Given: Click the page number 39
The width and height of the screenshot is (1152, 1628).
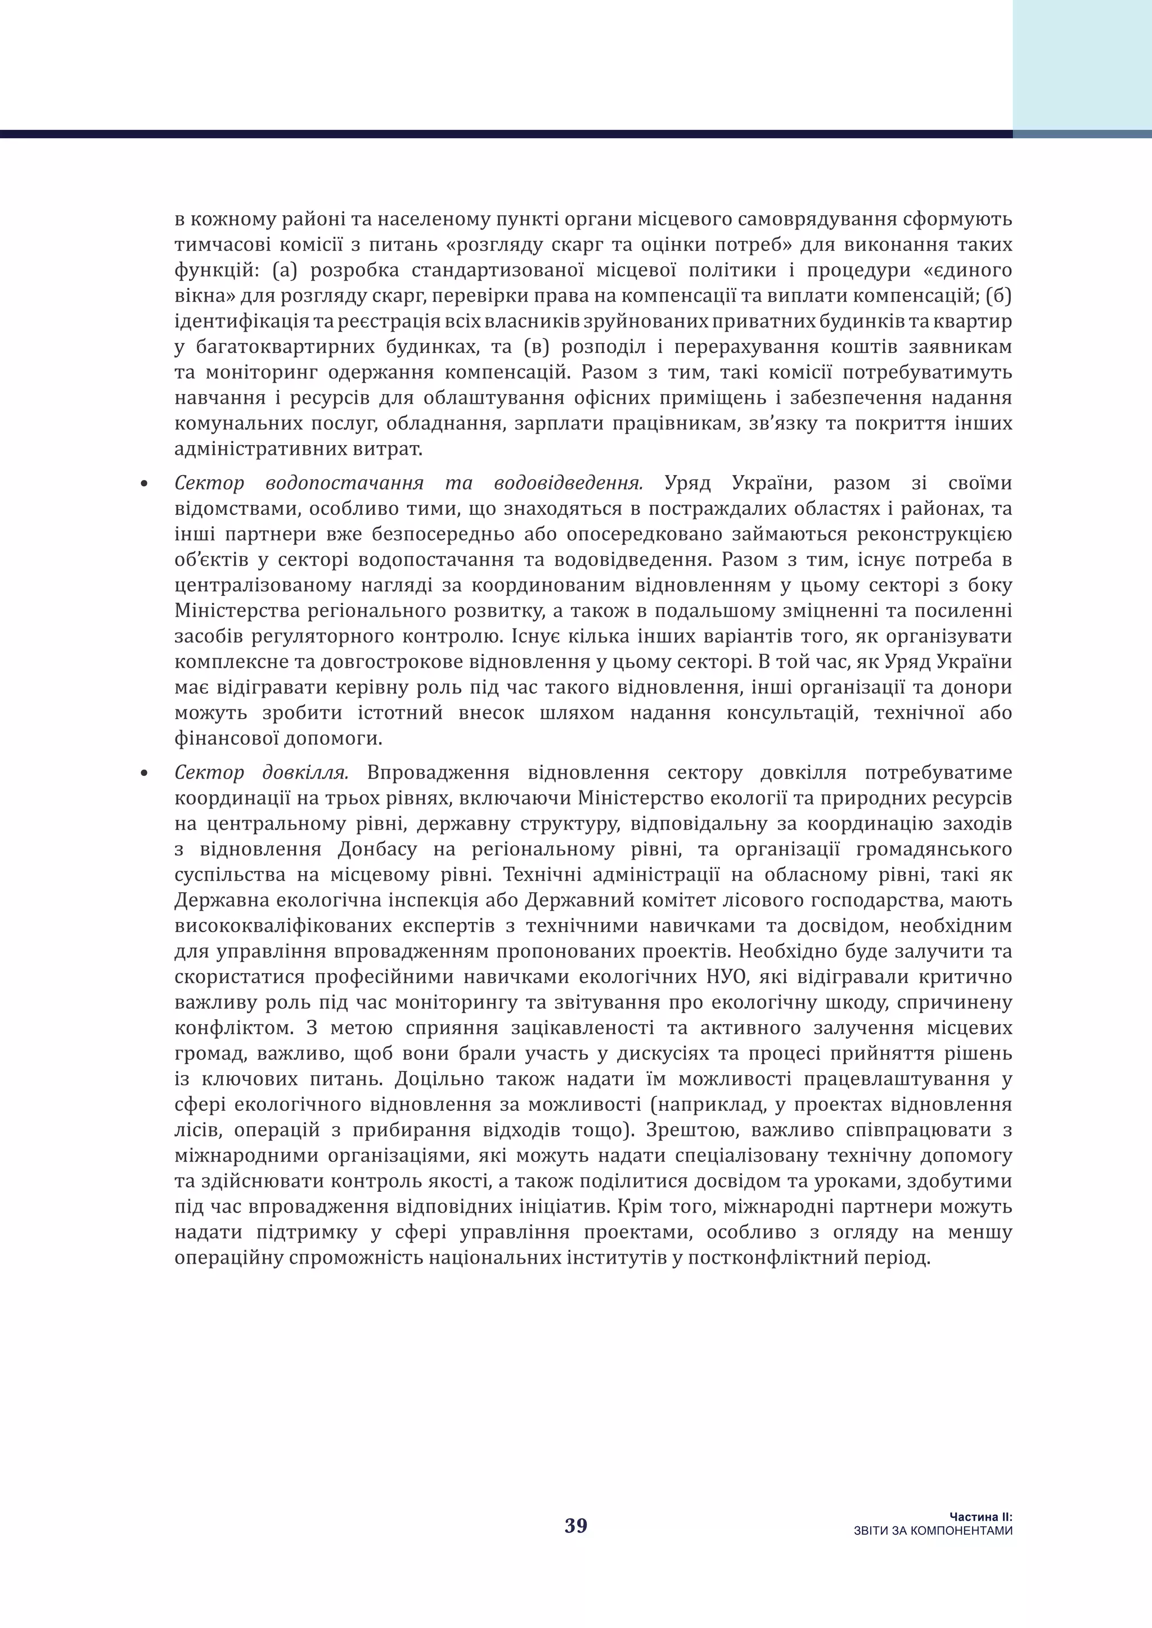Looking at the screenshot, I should (x=575, y=1525).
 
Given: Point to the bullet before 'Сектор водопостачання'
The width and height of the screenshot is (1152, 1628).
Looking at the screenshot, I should (x=144, y=485).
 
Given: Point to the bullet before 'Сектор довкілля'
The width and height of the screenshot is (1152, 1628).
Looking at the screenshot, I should (x=144, y=774).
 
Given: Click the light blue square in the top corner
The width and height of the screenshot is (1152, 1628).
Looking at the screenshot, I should (x=1082, y=64).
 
